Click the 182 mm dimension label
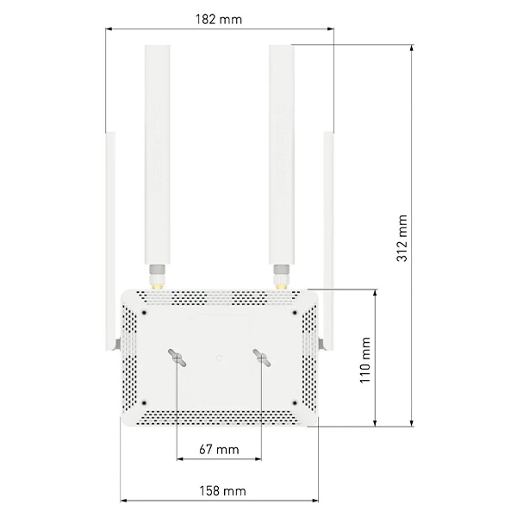coord(219,20)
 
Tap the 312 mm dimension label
coord(402,238)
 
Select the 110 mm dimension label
coord(365,360)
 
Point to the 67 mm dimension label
coord(219,449)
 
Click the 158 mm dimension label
coord(222,491)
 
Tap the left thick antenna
coord(158,154)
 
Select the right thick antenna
coord(282,154)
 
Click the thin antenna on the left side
coord(110,240)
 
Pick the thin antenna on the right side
coord(328,240)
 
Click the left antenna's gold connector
coord(158,286)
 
